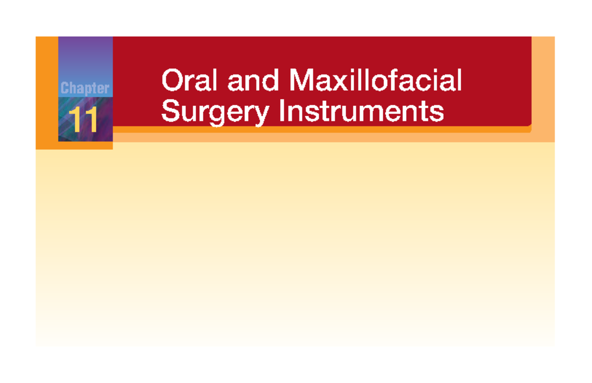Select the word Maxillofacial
pyautogui.click(x=376, y=81)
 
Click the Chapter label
pyautogui.click(x=85, y=89)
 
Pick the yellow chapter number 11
pyautogui.click(x=83, y=121)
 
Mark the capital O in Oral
pyautogui.click(x=171, y=81)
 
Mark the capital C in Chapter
pyautogui.click(x=65, y=89)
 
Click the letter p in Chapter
pyautogui.click(x=85, y=90)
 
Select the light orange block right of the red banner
pyautogui.click(x=543, y=89)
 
